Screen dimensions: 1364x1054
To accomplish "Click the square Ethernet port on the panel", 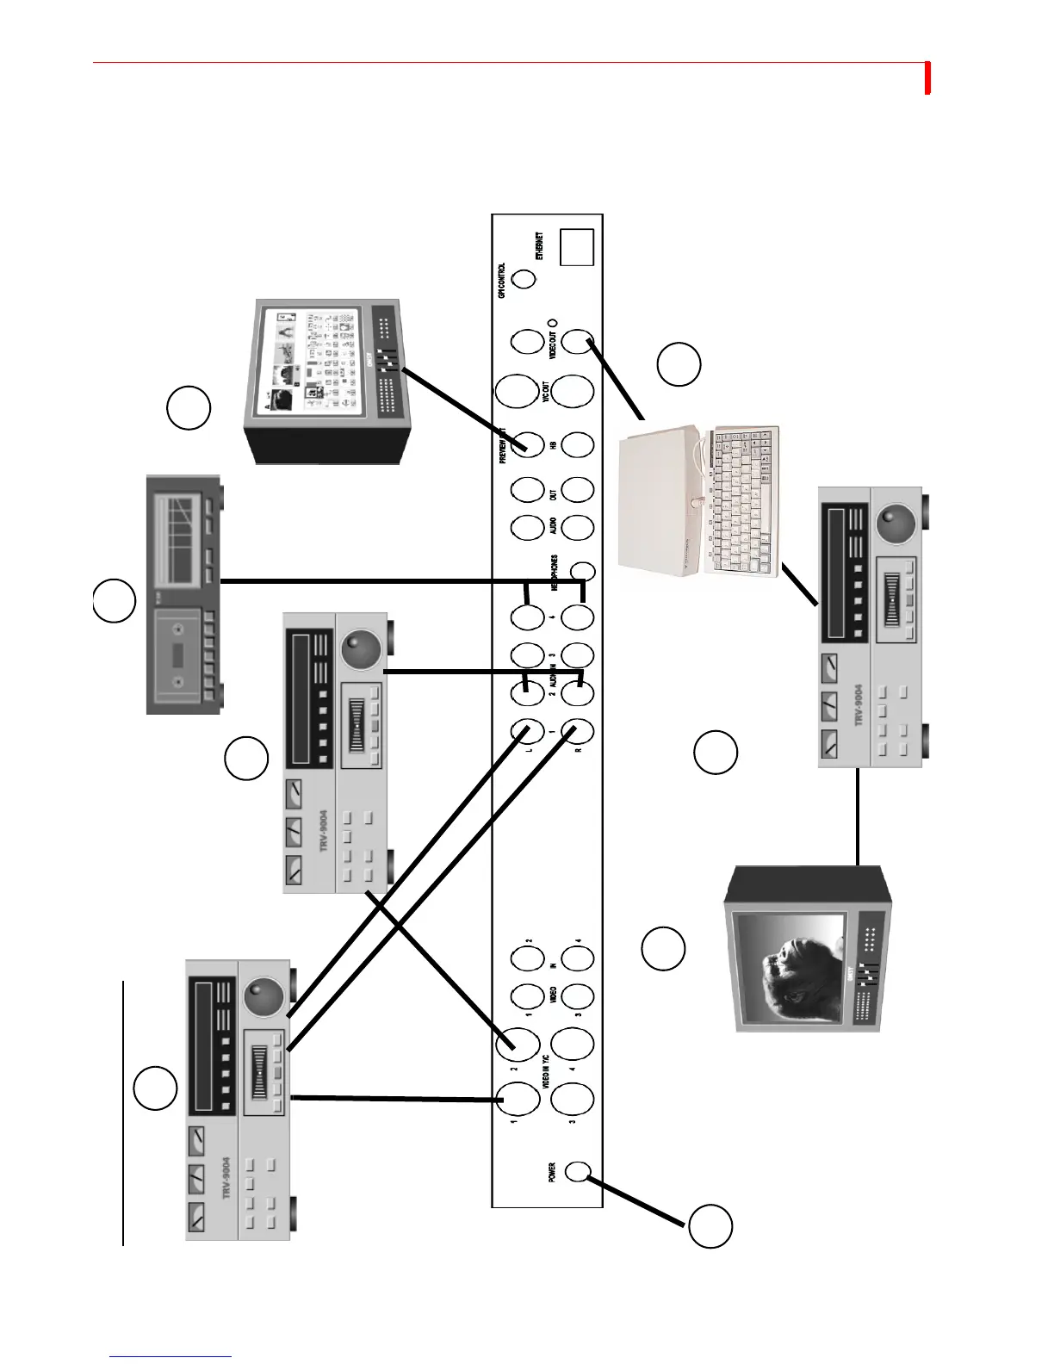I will tap(577, 247).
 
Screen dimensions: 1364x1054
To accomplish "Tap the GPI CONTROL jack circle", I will tap(524, 279).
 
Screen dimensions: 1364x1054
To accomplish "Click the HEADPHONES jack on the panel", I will tap(584, 570).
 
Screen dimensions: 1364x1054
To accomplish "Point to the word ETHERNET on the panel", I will tap(540, 245).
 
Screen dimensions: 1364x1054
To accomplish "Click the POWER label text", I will tap(552, 1172).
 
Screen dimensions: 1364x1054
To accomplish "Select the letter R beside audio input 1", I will tap(579, 749).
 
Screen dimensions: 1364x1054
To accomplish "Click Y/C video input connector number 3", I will tap(572, 1099).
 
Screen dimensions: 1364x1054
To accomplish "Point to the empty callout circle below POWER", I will tap(710, 1226).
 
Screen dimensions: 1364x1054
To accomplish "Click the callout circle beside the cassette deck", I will tap(115, 601).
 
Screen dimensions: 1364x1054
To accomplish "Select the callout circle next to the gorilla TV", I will tap(663, 949).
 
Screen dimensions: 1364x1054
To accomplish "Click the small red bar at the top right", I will tap(928, 77).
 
